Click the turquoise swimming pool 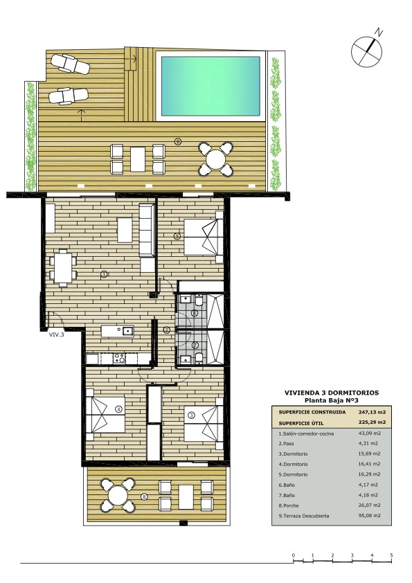click(x=211, y=87)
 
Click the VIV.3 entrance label click(x=57, y=334)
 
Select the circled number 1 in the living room click(x=104, y=274)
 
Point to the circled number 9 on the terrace click(x=179, y=141)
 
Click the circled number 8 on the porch click(x=145, y=496)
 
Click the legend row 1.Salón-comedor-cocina click(x=306, y=433)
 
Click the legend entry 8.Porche click(x=289, y=505)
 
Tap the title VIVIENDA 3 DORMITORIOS click(x=332, y=393)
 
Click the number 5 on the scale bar click(x=391, y=555)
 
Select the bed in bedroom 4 click(x=106, y=415)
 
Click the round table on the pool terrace click(x=215, y=159)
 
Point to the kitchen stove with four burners click(x=119, y=358)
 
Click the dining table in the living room click(x=63, y=268)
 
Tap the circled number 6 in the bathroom click(x=194, y=313)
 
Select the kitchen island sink click(x=127, y=330)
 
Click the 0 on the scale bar click(x=294, y=555)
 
